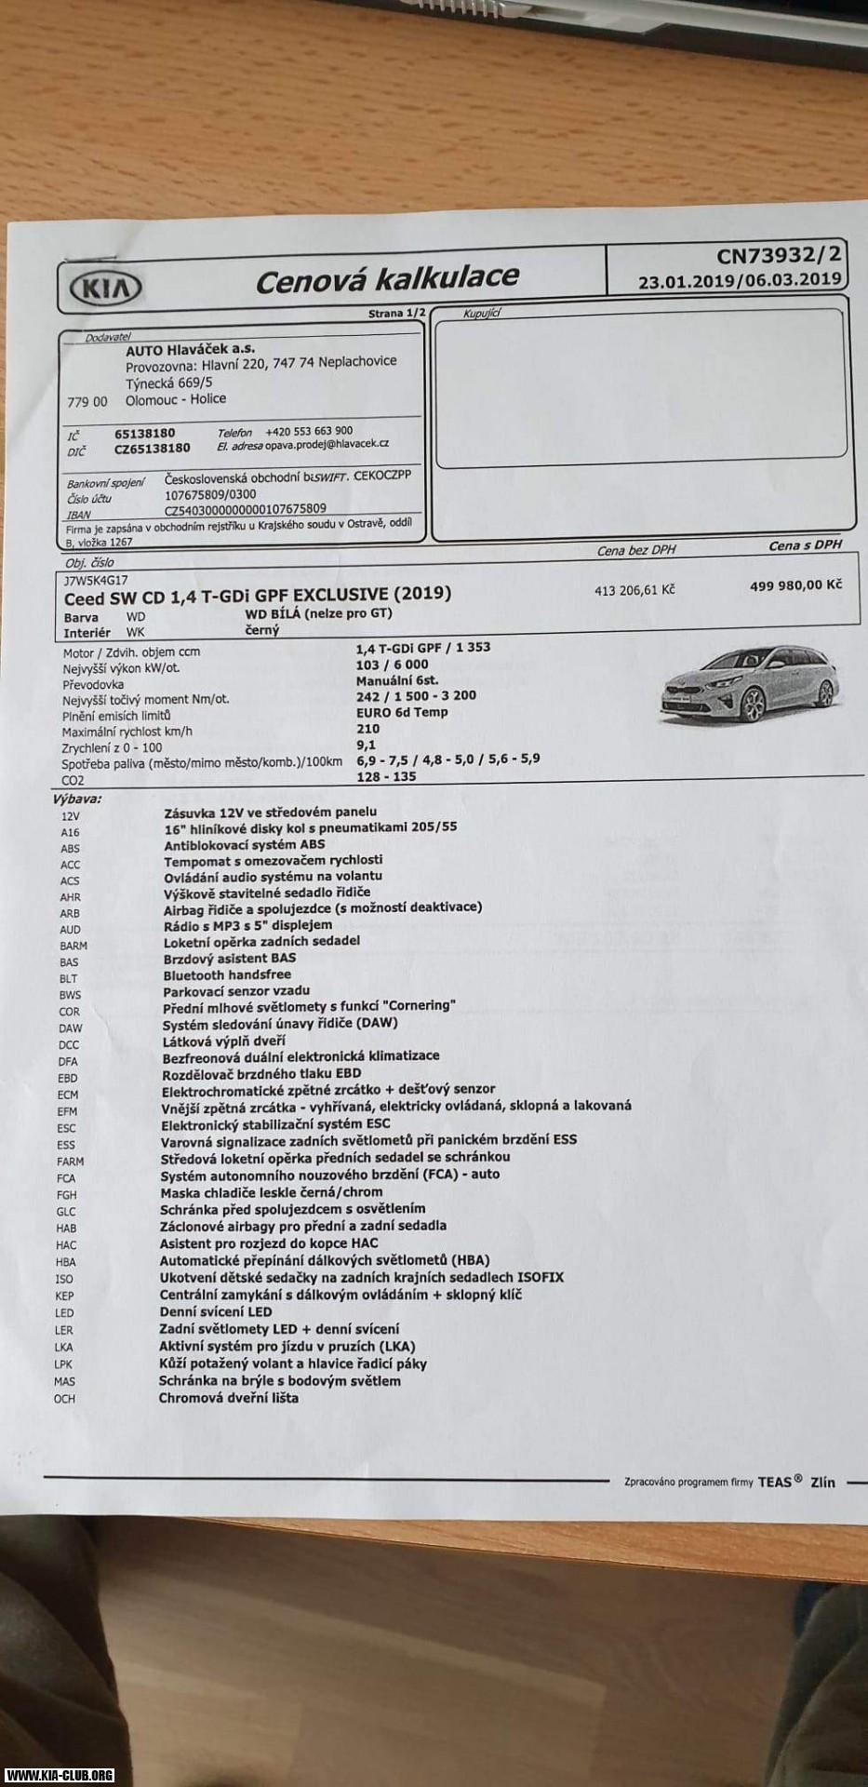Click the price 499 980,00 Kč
pos(795,584)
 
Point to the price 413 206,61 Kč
pos(634,590)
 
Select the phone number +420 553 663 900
pos(309,431)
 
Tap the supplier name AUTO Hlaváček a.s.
pos(191,349)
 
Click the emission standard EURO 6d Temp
pos(401,712)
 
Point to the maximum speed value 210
pos(367,729)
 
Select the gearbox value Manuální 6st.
pos(396,680)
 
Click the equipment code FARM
pos(70,1162)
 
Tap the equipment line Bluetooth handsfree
pos(227,974)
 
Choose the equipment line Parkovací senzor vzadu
pos(236,990)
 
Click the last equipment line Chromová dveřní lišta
pos(228,1398)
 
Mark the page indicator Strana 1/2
pos(396,314)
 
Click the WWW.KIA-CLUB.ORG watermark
pos(60,1775)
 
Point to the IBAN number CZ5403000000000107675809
pos(245,509)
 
